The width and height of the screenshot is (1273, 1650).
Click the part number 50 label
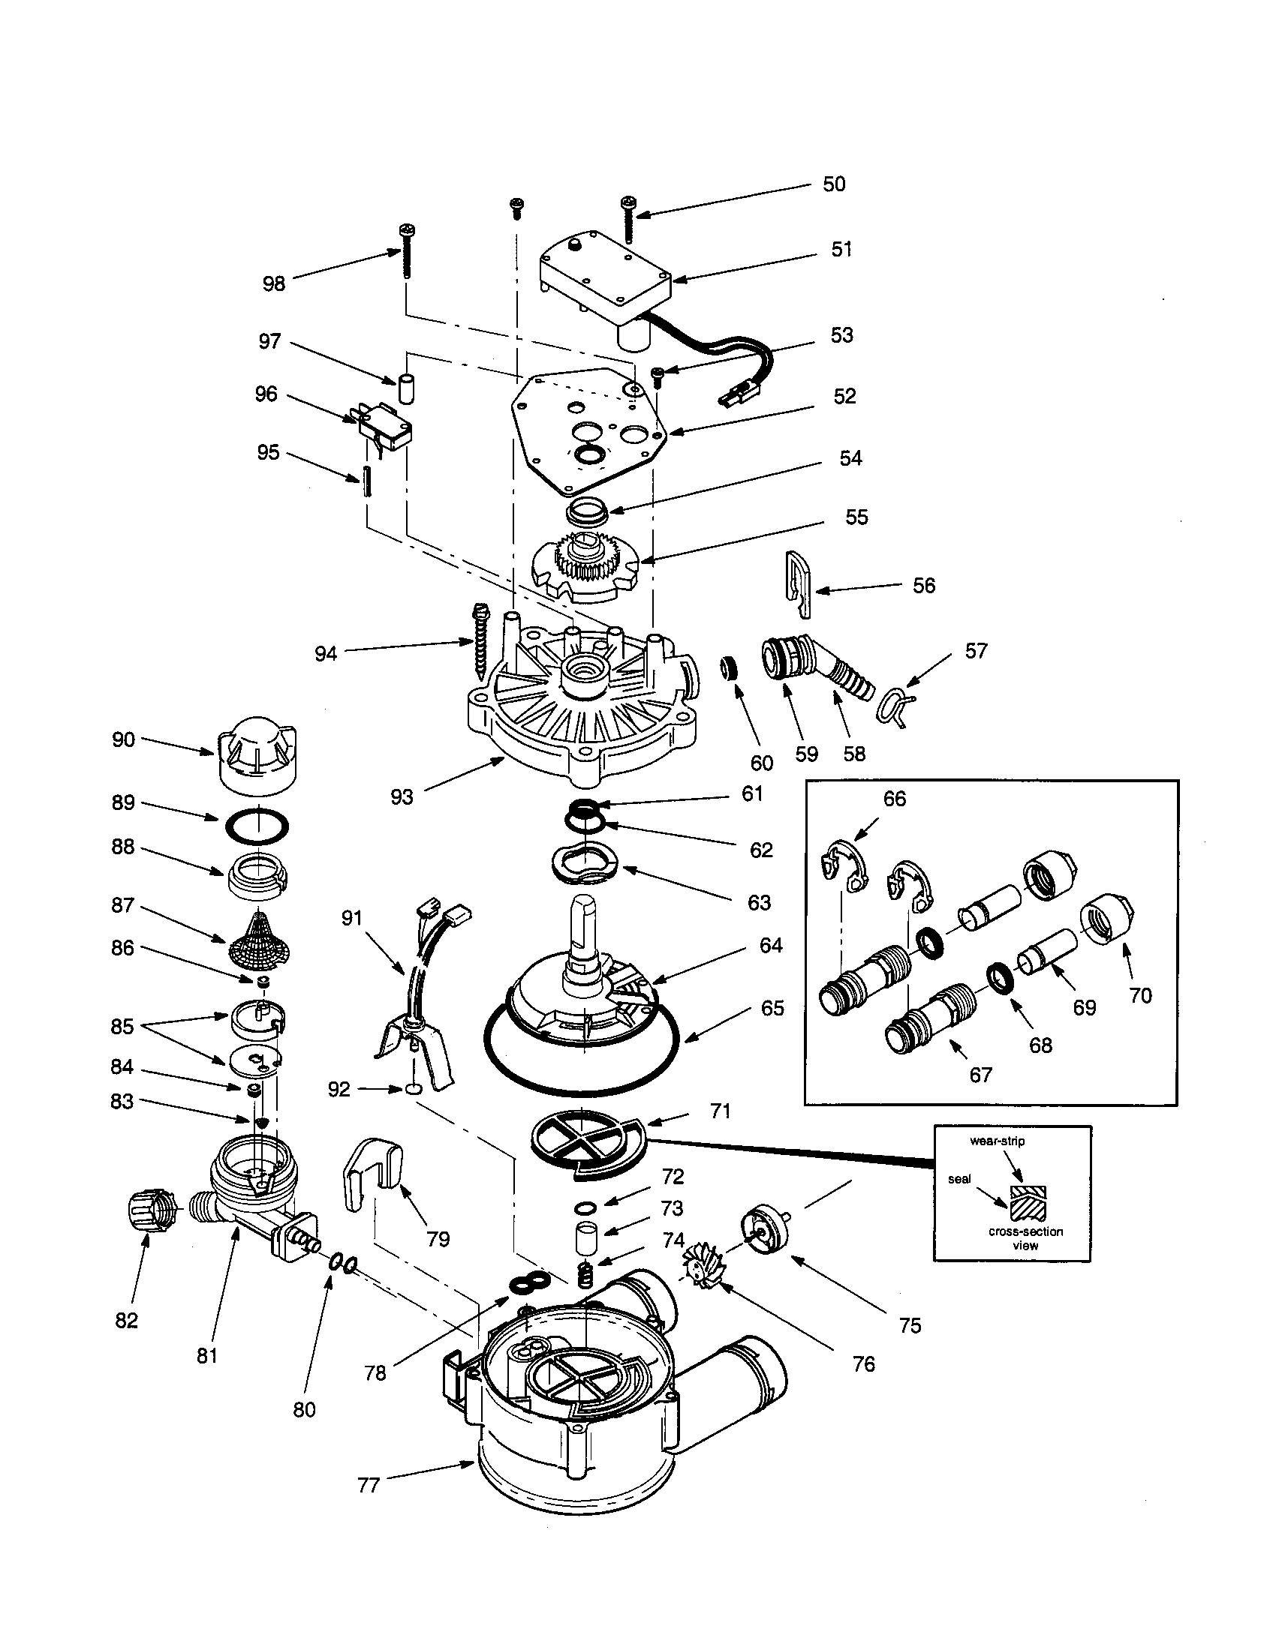[x=833, y=184]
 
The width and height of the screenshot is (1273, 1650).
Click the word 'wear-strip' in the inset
[x=997, y=1141]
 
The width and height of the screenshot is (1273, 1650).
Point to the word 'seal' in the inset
[x=959, y=1178]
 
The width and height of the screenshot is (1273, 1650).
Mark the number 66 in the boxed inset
[x=894, y=799]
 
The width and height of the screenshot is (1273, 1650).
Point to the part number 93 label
[x=402, y=796]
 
